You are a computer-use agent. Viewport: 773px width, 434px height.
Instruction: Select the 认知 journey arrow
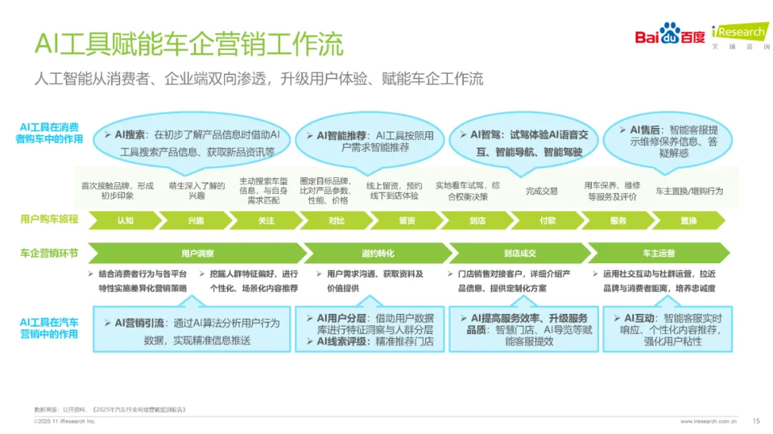(x=125, y=220)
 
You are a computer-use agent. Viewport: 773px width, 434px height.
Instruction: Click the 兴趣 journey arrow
(x=195, y=220)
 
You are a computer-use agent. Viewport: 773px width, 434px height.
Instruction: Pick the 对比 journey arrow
(x=336, y=220)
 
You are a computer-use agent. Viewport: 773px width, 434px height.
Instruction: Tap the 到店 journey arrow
(x=477, y=220)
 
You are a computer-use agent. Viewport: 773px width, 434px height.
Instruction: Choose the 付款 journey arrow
(x=548, y=220)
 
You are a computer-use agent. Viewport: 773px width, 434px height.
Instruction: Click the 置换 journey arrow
(x=689, y=220)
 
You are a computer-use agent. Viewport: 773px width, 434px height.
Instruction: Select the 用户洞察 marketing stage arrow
(x=198, y=253)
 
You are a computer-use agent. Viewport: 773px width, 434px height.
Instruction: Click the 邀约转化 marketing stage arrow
(x=378, y=253)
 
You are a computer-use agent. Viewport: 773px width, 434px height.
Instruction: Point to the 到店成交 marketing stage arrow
(x=520, y=253)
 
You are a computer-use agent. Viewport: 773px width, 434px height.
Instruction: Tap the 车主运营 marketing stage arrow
(x=659, y=253)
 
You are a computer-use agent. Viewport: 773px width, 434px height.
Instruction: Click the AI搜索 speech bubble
(x=189, y=142)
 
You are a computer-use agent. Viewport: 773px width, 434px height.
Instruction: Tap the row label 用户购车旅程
(x=49, y=220)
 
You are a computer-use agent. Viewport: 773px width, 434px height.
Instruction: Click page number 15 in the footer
(x=756, y=420)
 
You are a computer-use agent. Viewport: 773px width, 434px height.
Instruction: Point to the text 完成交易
(x=541, y=191)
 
